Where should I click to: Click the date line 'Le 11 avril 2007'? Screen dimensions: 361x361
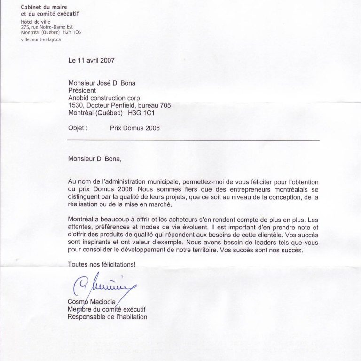click(92, 60)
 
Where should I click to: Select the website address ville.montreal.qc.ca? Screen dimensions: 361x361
click(41, 40)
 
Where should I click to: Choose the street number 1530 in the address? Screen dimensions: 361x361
click(76, 106)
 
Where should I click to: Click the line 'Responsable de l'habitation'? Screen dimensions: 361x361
click(108, 317)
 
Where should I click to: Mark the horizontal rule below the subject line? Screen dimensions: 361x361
click(193, 140)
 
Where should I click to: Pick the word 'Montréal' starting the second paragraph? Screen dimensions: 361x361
click(81, 219)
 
